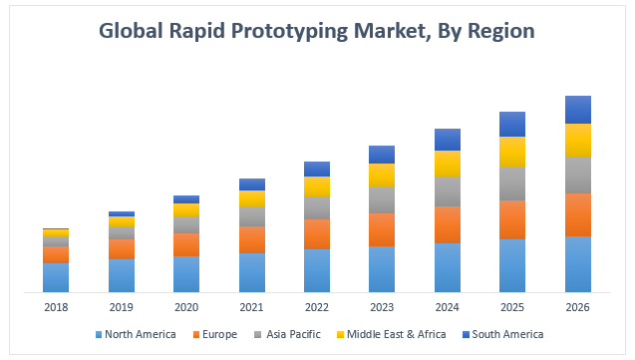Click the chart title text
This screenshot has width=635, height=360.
click(317, 31)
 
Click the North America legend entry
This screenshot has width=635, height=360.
click(135, 334)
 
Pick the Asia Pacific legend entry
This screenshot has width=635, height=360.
click(289, 334)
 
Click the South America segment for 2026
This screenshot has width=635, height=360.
click(578, 109)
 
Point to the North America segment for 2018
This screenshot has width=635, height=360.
click(56, 277)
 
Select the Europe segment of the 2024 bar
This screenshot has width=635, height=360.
click(448, 224)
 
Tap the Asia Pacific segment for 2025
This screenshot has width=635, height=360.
click(512, 183)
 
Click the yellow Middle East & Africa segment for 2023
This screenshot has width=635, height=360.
click(382, 175)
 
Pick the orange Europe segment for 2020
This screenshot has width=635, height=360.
click(186, 244)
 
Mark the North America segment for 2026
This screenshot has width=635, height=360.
click(578, 264)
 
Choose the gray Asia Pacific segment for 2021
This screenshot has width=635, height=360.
click(251, 216)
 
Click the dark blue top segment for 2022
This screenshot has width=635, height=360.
click(317, 169)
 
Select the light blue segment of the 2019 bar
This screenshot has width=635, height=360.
click(122, 275)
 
